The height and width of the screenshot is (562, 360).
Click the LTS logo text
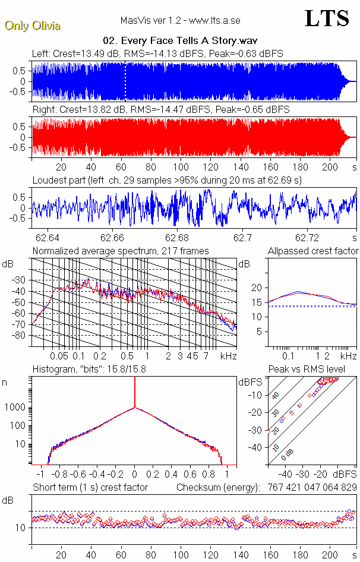pos(327,19)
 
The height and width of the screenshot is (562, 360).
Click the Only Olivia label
pos(32,26)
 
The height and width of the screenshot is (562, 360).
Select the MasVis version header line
pos(180,21)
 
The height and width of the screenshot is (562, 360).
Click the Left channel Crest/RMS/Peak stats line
pos(157,53)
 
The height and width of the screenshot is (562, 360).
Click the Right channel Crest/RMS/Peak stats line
pos(160,109)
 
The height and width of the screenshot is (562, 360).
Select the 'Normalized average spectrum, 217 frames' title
pos(121,251)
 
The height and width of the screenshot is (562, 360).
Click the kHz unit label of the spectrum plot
pos(229,356)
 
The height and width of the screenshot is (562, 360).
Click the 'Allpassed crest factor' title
pos(313,251)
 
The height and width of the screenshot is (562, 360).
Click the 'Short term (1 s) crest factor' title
pos(90,487)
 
